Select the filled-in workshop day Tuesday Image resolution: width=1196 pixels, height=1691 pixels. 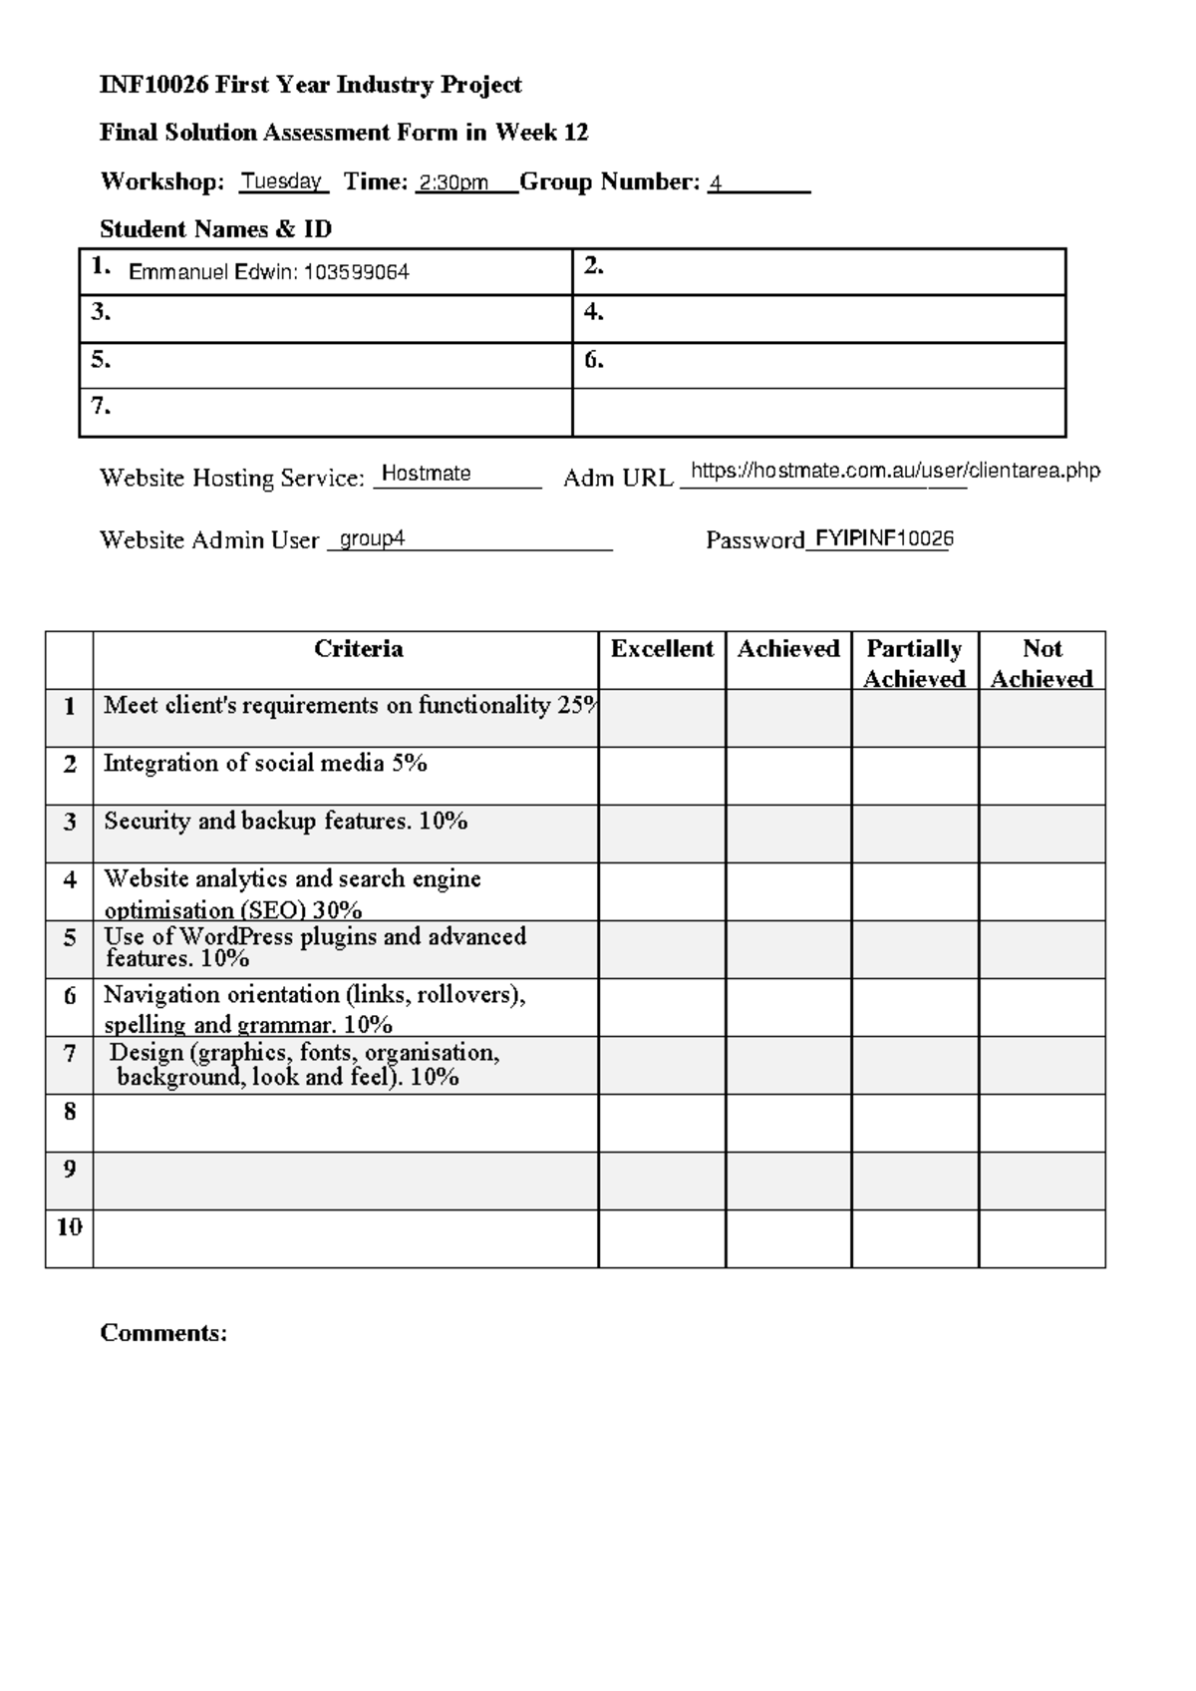[282, 181]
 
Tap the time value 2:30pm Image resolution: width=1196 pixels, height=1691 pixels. [453, 183]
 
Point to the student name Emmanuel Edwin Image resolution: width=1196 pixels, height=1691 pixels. [211, 272]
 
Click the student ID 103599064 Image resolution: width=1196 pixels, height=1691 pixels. [356, 272]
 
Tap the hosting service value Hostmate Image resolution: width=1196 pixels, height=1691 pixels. [426, 474]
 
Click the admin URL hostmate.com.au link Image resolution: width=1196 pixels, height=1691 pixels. [894, 471]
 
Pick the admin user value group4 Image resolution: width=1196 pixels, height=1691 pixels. [372, 539]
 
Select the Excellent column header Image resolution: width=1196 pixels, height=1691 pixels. [662, 650]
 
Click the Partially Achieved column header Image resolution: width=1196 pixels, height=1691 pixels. [914, 663]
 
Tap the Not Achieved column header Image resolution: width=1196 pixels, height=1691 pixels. [1042, 663]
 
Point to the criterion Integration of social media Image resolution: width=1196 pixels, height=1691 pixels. [265, 764]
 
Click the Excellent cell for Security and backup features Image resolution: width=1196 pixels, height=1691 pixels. [662, 834]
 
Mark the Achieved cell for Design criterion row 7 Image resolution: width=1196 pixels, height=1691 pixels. [788, 1065]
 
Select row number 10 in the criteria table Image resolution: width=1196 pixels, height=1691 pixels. [69, 1227]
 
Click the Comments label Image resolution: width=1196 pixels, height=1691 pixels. [163, 1334]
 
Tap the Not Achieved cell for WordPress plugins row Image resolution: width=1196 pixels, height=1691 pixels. [1042, 949]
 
